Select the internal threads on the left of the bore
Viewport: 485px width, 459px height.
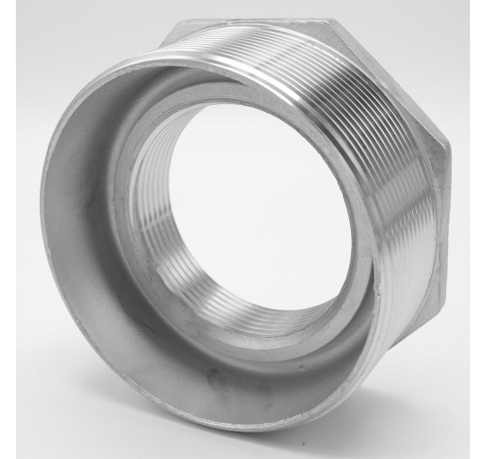coord(150,221)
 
